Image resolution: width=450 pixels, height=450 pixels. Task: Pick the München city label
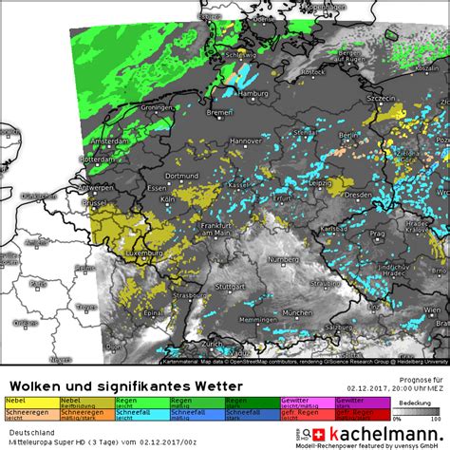297,311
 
